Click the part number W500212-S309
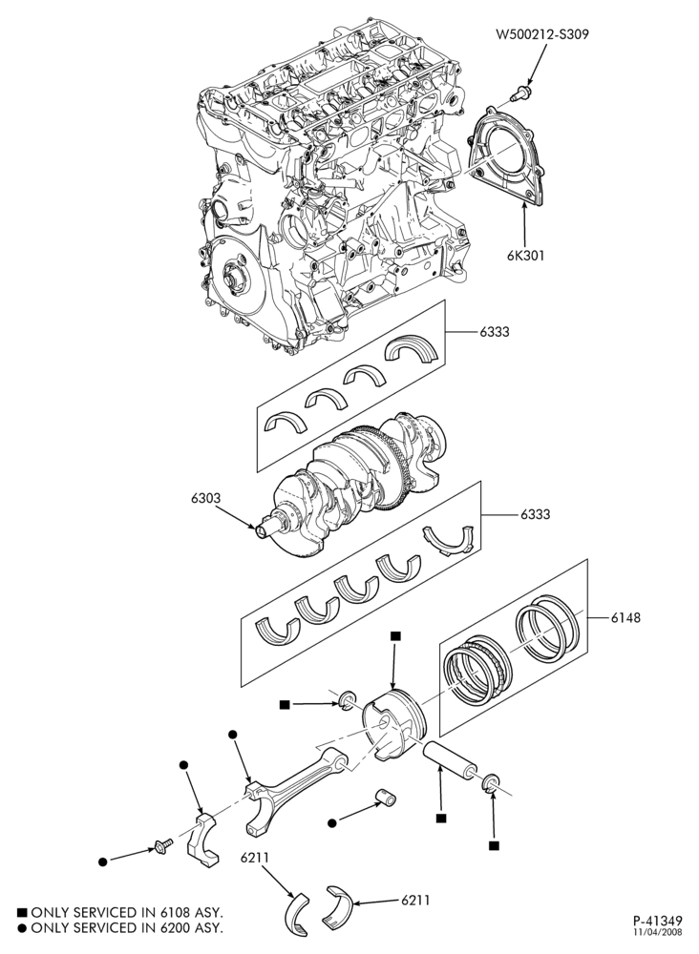[x=542, y=34]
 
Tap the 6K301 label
[x=526, y=256]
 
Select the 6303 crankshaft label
[x=206, y=498]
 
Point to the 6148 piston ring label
[x=625, y=618]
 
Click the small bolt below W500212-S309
[x=519, y=93]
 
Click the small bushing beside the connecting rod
[x=385, y=797]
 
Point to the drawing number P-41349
[x=656, y=921]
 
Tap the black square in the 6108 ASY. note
[x=22, y=913]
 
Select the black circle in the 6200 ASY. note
[x=22, y=928]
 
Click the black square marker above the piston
[x=395, y=635]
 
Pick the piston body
[x=395, y=724]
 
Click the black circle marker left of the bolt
[x=103, y=861]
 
